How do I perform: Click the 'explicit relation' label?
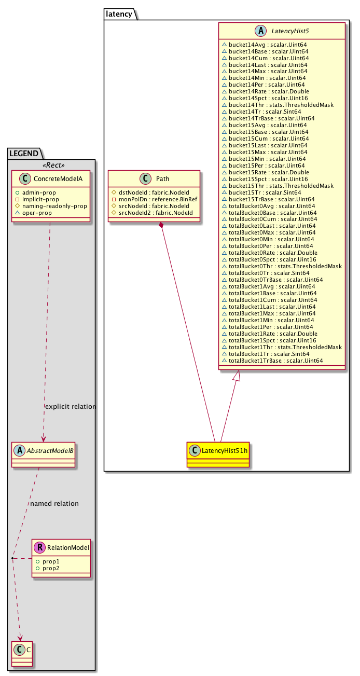pyautogui.click(x=71, y=406)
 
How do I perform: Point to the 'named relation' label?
pyautogui.click(x=54, y=503)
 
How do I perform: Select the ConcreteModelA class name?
pyautogui.click(x=57, y=180)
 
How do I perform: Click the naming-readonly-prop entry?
pyautogui.click(x=54, y=206)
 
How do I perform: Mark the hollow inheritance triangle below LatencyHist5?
pyautogui.click(x=237, y=376)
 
